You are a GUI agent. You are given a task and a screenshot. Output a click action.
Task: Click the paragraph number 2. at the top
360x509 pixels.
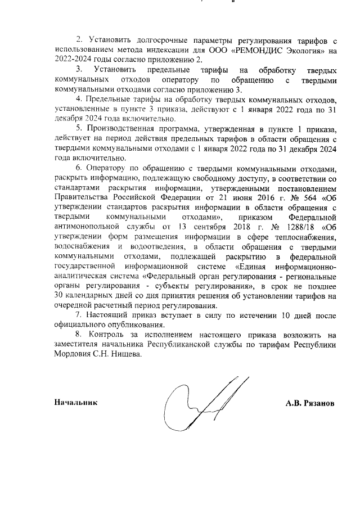click(79, 40)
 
